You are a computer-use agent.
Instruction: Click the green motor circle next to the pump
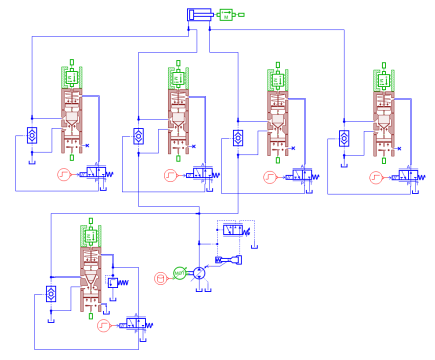point(179,272)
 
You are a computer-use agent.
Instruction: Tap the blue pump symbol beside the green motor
point(199,272)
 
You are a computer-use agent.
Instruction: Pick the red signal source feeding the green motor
point(160,277)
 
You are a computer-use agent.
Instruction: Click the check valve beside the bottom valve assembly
point(51,294)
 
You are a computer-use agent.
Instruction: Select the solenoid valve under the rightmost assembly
point(408,176)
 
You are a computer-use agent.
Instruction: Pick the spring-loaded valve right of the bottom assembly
point(117,284)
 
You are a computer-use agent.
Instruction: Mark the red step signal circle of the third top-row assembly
point(269,178)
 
